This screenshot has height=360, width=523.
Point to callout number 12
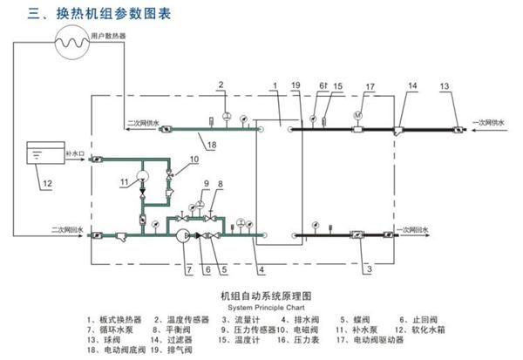tap(48, 183)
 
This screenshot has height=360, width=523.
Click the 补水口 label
tap(75, 153)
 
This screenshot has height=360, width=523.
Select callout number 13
tap(445, 85)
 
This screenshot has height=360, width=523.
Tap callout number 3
tap(369, 270)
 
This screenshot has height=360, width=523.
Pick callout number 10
tap(194, 160)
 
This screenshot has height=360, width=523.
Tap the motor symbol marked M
tap(357, 114)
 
